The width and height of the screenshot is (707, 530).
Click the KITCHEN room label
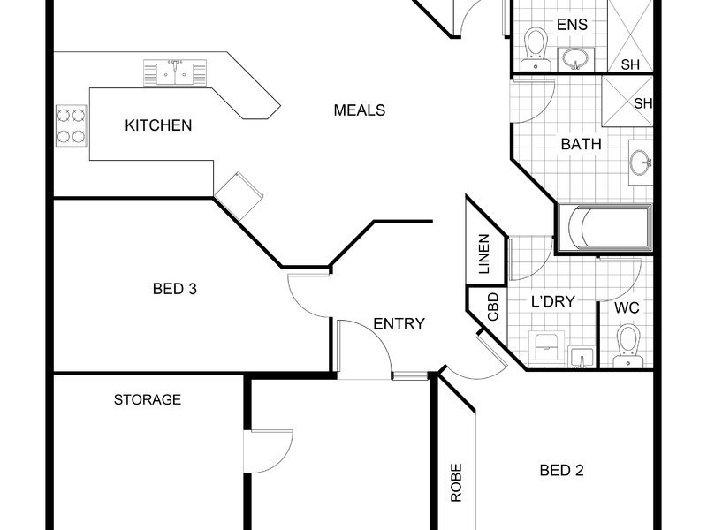[x=158, y=125]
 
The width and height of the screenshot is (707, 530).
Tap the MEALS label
[x=360, y=110]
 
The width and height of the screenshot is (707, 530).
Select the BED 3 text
[x=174, y=289]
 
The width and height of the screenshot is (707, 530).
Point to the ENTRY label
[x=399, y=323]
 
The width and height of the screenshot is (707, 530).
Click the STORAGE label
[x=148, y=399]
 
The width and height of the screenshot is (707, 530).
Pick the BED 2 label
[x=561, y=471]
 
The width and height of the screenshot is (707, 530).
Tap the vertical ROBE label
[x=456, y=482]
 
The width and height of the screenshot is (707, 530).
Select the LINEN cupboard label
[x=483, y=254]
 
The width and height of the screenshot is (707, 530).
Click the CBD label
[x=493, y=307]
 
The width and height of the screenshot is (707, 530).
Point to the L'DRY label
[x=553, y=301]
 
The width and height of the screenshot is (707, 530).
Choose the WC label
[x=627, y=308]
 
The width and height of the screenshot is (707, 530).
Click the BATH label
[x=582, y=144]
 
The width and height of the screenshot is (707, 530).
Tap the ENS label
[x=572, y=25]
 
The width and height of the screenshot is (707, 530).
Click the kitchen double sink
[x=175, y=72]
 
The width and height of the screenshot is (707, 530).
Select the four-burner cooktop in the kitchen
[x=72, y=125]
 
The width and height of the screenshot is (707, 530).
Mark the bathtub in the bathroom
[x=605, y=228]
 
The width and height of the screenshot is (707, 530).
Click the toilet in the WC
[x=628, y=345]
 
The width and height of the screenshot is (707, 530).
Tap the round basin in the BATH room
[x=640, y=163]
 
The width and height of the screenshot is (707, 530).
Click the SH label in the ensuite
[x=630, y=64]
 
